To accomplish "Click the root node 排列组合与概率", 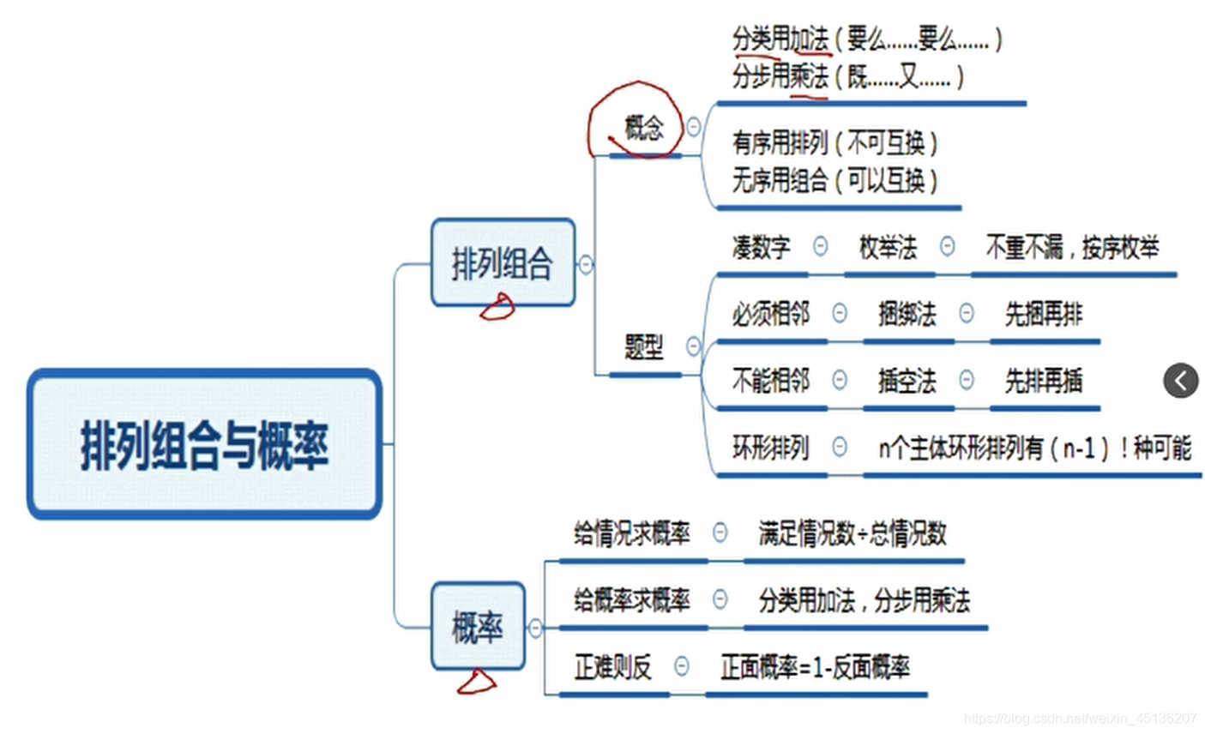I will [204, 444].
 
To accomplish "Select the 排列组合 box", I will [503, 262].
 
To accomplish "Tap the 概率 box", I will [478, 627].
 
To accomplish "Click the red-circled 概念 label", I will [643, 128].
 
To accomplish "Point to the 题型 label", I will [643, 347].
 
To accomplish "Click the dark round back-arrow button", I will [1180, 380].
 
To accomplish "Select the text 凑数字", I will [761, 248].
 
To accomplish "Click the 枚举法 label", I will [888, 248].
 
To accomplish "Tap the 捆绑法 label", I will [907, 314].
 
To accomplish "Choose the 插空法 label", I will [907, 380].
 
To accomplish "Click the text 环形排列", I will [769, 447].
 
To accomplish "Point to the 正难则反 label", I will [612, 666].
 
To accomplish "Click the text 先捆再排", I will [1043, 314].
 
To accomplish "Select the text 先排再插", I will [1043, 380].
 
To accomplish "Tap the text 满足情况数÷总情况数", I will [853, 533].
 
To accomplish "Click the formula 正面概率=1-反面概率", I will [815, 666].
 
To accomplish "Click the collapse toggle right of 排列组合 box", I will [586, 264].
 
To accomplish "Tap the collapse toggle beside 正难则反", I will [682, 666].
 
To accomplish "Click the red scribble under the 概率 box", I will [477, 683].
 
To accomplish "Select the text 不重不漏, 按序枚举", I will [1072, 248].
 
